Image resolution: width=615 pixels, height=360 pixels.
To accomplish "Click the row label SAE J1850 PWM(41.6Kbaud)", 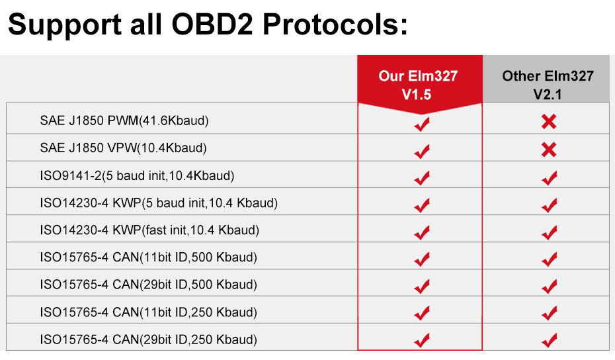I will (124, 121).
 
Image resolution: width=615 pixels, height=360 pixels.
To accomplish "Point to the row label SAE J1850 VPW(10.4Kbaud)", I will (123, 148).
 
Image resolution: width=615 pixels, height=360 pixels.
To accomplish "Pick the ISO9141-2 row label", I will (137, 176).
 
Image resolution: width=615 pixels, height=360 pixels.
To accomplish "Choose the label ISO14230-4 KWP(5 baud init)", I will (158, 203).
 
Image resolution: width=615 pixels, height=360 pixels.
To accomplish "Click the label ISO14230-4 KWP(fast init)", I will (149, 230).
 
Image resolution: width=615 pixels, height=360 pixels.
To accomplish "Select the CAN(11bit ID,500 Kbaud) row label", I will (148, 257).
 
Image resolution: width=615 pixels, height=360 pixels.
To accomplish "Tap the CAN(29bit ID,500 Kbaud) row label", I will (148, 285).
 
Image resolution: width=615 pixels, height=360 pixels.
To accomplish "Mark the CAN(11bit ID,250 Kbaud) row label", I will (148, 312).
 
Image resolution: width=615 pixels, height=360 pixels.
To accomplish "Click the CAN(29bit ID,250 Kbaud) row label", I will (148, 339).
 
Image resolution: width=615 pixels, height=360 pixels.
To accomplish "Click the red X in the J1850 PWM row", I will (548, 122).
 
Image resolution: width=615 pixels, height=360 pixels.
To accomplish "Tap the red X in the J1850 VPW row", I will (548, 150).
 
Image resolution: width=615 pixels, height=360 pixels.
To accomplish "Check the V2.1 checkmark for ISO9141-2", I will (549, 177).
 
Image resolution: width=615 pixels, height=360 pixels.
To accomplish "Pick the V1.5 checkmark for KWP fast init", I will (421, 232).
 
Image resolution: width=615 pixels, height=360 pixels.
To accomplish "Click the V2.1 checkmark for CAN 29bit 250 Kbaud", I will (549, 341).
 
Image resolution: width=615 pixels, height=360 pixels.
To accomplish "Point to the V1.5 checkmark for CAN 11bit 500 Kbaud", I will (421, 259).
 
